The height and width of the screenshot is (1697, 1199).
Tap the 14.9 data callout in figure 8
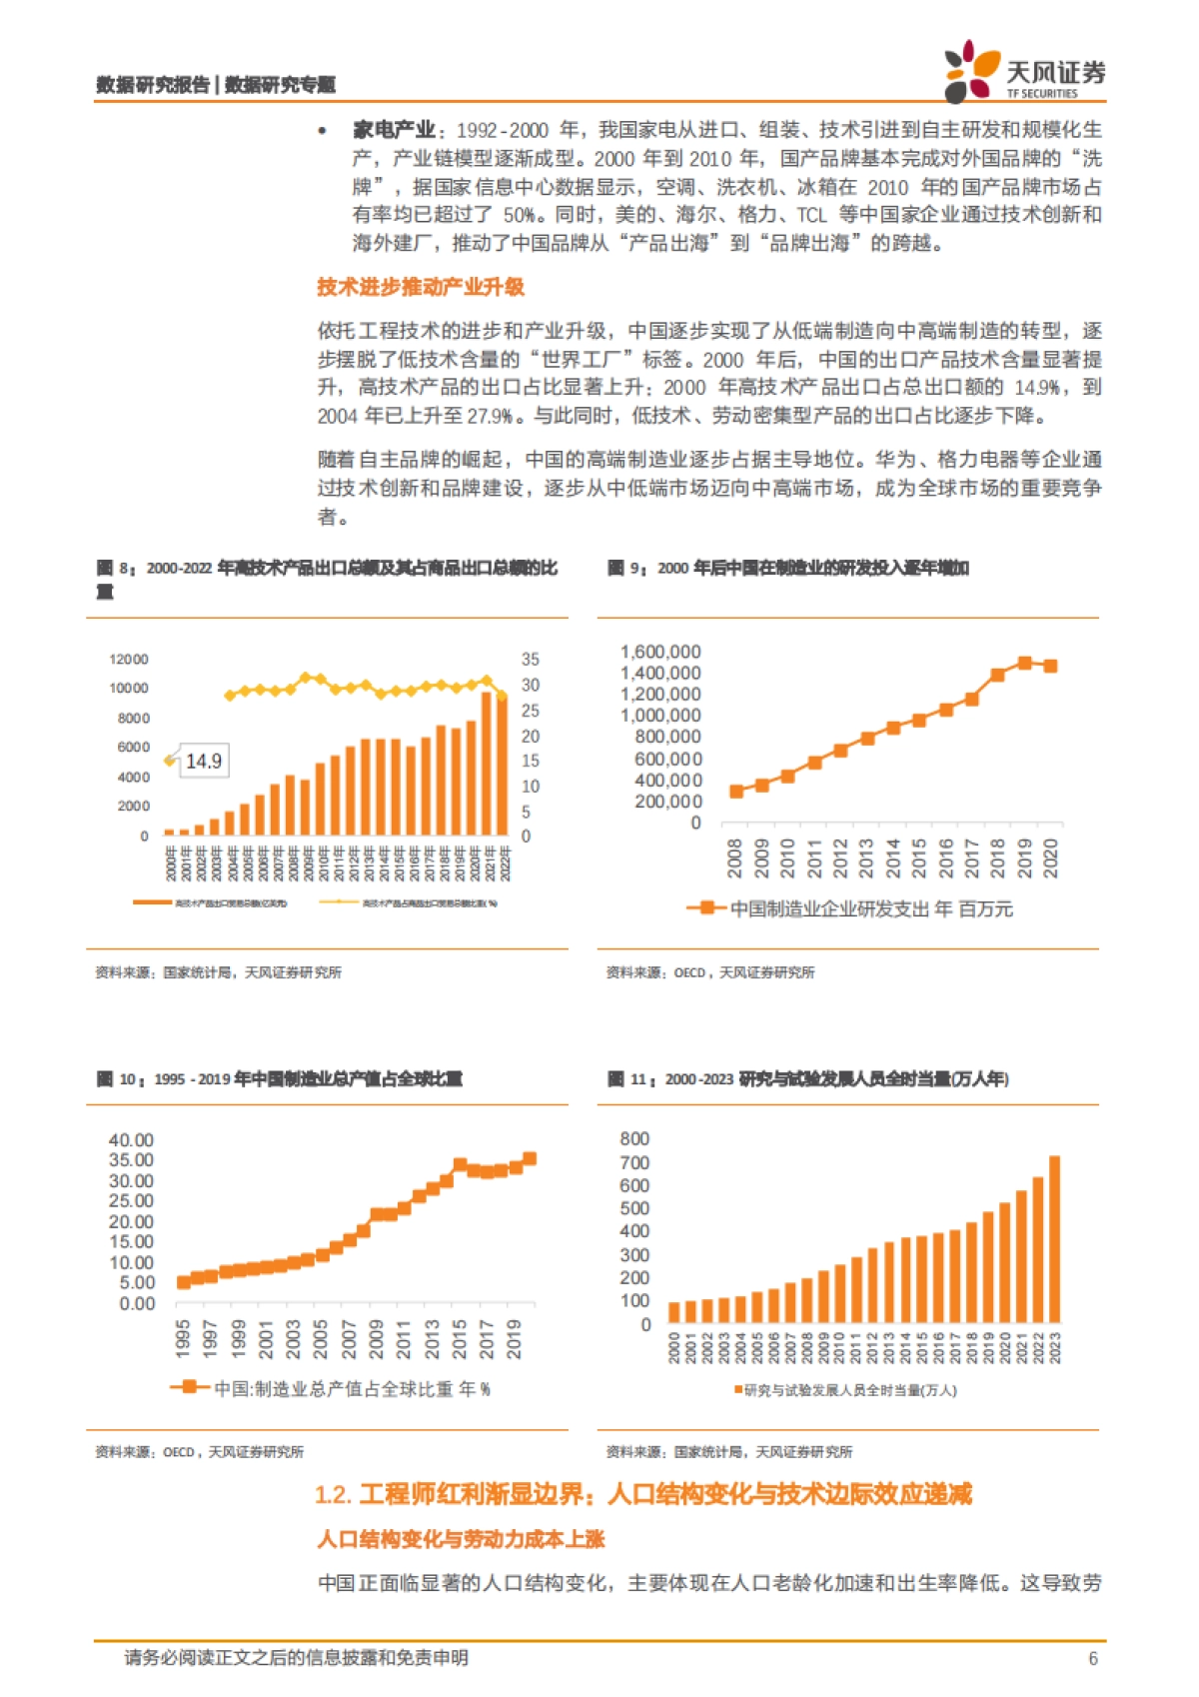click(x=203, y=762)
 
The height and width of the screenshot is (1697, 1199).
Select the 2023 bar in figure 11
click(x=1054, y=1238)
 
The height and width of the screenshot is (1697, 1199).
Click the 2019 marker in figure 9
click(x=1024, y=663)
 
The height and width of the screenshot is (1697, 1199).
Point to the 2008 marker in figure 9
click(x=736, y=791)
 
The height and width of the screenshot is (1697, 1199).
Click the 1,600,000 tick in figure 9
click(x=660, y=652)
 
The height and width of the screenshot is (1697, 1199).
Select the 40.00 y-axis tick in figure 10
click(x=131, y=1140)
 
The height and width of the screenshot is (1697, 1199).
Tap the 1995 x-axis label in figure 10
click(x=183, y=1338)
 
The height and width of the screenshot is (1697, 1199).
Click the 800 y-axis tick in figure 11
click(x=634, y=1139)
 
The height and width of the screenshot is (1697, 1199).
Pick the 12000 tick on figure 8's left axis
click(x=128, y=660)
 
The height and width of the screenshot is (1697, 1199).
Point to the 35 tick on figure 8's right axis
click(x=530, y=660)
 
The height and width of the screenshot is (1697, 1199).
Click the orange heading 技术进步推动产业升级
click(x=421, y=288)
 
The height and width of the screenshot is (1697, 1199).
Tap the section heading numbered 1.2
click(x=643, y=1494)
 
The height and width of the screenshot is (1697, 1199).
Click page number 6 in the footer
click(x=1092, y=1658)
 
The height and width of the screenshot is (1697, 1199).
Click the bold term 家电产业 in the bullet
click(x=394, y=130)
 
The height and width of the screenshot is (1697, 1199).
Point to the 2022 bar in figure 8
click(x=502, y=766)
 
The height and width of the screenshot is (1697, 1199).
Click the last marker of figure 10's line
click(x=530, y=1158)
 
